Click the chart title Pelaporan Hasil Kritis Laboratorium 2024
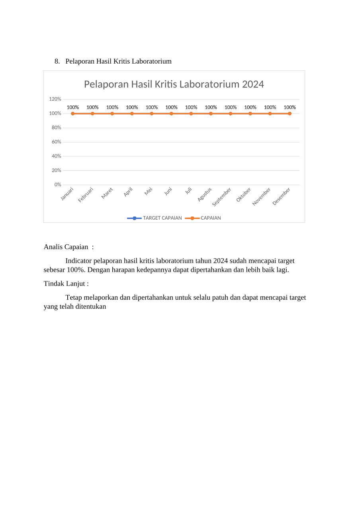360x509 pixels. coord(174,84)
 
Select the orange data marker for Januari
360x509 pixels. coord(73,113)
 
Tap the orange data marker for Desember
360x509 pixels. coord(290,113)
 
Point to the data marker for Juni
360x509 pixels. coord(171,113)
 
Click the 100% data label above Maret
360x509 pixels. coord(112,107)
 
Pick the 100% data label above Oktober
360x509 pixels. coord(250,107)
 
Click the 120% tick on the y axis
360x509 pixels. coord(55,99)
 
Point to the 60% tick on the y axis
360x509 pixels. coord(56,142)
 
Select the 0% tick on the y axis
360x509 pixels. coord(58,185)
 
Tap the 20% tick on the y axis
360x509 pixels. coord(56,170)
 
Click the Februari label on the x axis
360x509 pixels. coord(86,195)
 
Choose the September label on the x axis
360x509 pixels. coord(222,197)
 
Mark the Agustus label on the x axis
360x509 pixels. coord(205,195)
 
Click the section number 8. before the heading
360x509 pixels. coord(57,61)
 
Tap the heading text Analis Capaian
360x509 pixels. coord(66,247)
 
